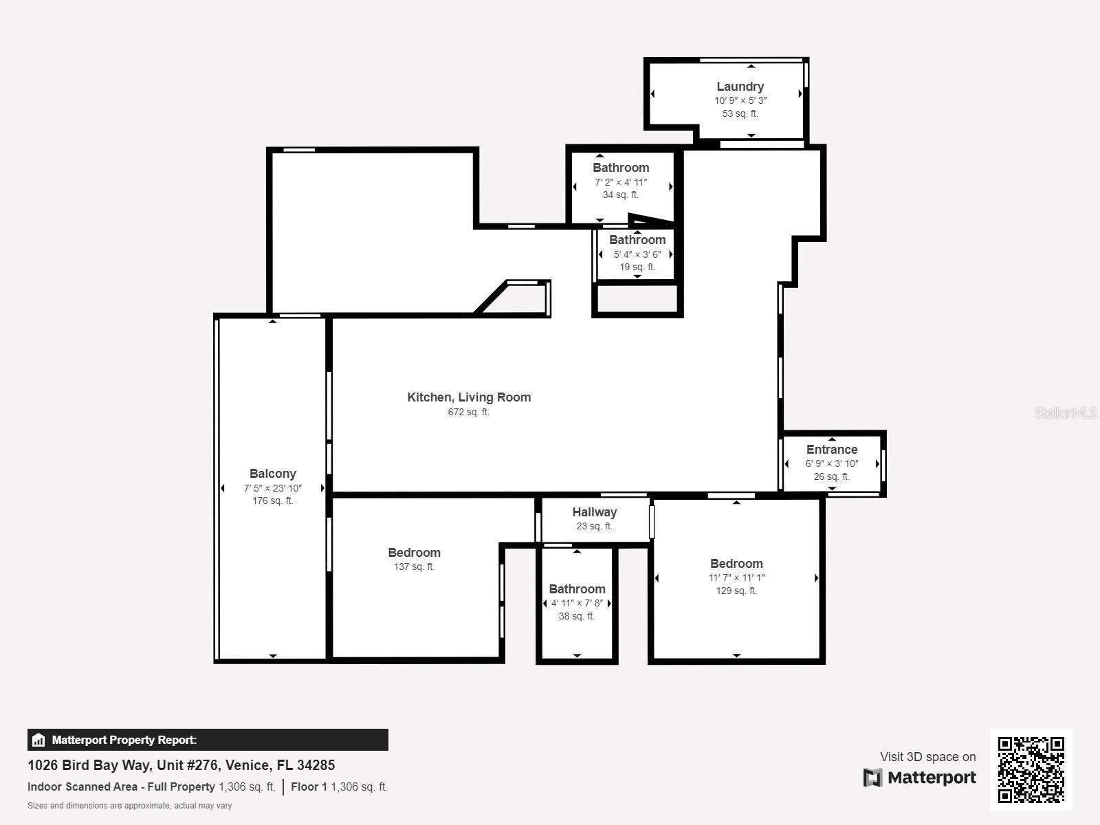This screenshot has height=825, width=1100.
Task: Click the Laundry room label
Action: click(x=740, y=87)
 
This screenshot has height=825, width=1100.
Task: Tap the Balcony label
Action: click(x=273, y=474)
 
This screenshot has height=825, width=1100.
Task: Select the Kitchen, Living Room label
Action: click(x=469, y=397)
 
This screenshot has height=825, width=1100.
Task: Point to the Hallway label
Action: click(x=595, y=512)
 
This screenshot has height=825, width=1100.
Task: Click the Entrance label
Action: click(x=831, y=450)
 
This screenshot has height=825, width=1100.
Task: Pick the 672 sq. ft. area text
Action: click(x=469, y=412)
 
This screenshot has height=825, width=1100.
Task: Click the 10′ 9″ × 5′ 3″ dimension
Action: click(x=740, y=100)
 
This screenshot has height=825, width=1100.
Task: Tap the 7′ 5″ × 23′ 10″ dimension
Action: click(x=273, y=488)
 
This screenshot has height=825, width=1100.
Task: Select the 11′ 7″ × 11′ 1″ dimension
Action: click(x=736, y=577)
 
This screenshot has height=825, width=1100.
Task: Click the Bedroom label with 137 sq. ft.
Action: click(x=414, y=553)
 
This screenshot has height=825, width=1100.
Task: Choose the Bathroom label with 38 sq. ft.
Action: click(x=577, y=589)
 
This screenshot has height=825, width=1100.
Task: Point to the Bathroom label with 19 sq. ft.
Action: click(x=637, y=240)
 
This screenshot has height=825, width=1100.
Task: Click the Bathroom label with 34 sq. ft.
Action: click(x=620, y=168)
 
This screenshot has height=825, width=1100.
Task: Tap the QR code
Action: click(x=1031, y=770)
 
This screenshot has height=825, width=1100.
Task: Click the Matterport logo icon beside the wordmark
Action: click(x=872, y=778)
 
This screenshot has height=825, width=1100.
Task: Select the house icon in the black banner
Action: click(x=38, y=740)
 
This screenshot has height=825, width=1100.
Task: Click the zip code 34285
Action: click(x=316, y=765)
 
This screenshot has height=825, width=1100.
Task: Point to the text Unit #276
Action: click(x=187, y=765)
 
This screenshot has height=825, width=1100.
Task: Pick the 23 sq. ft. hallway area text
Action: click(x=595, y=526)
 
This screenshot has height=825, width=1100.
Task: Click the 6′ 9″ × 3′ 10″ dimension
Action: click(x=831, y=463)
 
